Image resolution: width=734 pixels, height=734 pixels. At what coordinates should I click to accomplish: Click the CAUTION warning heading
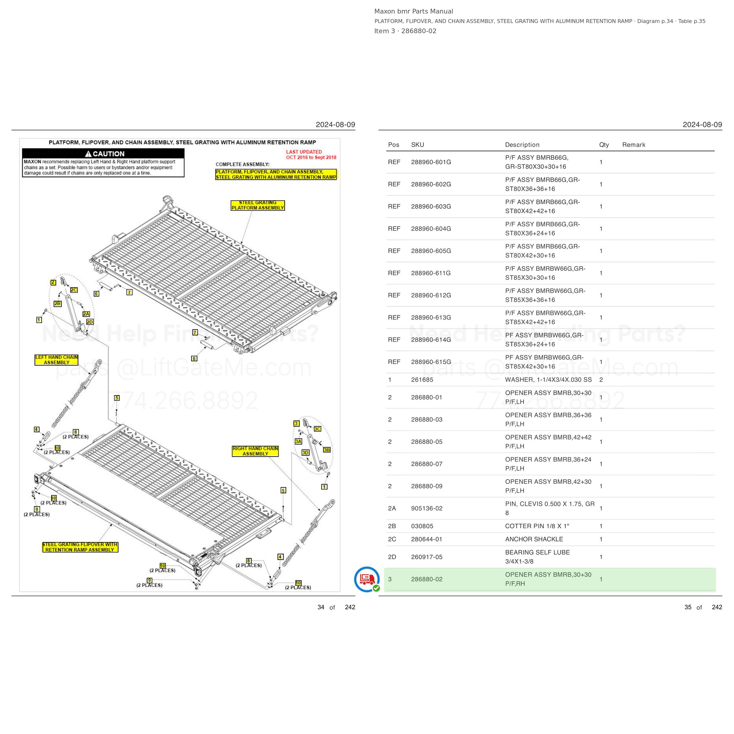coord(105,154)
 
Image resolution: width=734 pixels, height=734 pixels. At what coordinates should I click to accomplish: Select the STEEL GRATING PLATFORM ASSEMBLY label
coord(257,206)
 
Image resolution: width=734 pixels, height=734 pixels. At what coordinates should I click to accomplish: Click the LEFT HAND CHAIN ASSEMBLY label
coord(57,360)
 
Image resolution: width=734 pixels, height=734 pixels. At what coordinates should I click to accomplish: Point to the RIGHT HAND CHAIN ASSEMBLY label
coord(255,451)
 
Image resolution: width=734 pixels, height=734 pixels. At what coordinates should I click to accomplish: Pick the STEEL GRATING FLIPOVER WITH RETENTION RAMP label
coord(80,547)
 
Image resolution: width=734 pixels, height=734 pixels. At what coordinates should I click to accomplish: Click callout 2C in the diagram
coord(74,290)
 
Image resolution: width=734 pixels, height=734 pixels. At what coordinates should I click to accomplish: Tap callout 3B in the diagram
coord(327,450)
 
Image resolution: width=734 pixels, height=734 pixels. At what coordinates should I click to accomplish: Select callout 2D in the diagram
coord(90,322)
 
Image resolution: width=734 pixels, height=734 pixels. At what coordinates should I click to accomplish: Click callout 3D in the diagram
coord(305,452)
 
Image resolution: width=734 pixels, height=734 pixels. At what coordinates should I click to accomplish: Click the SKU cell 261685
coord(422,380)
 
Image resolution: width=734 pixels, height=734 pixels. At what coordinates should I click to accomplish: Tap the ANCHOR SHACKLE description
coord(534,539)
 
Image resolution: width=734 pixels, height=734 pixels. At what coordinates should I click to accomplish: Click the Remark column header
coord(634,145)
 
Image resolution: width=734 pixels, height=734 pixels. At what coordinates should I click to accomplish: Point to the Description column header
coord(522,145)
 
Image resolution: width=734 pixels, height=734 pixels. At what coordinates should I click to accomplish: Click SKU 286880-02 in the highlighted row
coord(427,579)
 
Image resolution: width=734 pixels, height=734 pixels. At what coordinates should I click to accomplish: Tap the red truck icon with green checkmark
coord(367,579)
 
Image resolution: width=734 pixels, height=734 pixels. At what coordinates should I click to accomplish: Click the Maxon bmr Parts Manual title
coord(414,11)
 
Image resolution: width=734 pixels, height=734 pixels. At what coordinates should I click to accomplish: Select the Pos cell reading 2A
coord(392,508)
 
